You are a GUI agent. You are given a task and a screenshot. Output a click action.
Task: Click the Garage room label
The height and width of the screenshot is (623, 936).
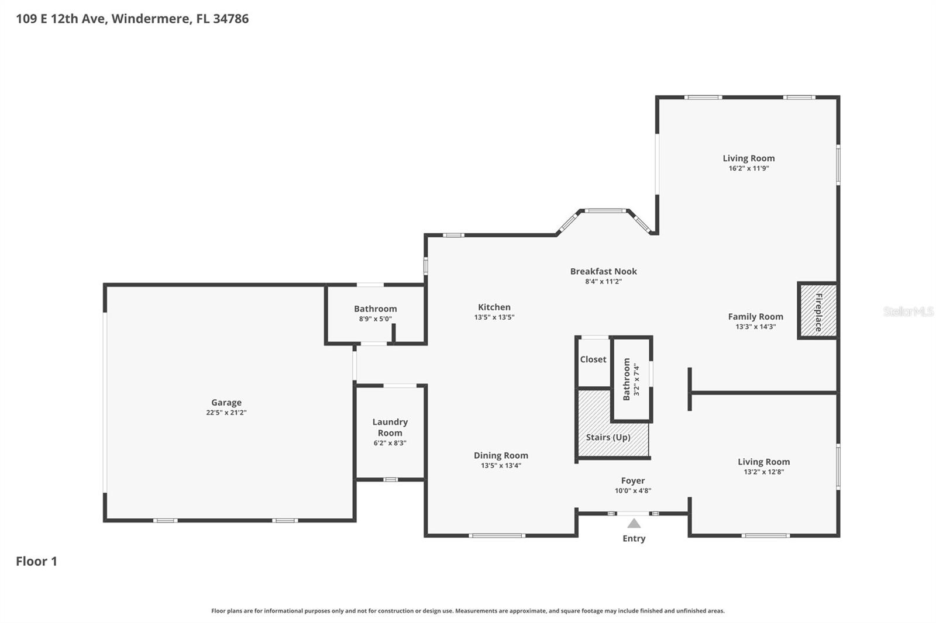[226, 402]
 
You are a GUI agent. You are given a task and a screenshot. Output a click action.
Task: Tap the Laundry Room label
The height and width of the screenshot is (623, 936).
[390, 427]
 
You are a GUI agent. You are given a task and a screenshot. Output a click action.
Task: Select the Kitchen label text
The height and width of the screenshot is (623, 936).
[494, 307]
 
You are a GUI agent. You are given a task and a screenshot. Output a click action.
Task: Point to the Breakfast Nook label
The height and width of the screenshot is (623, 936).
[603, 271]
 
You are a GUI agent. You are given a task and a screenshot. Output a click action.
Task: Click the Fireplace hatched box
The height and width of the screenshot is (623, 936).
[818, 311]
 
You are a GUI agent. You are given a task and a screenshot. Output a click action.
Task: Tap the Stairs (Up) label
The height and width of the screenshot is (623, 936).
[608, 437]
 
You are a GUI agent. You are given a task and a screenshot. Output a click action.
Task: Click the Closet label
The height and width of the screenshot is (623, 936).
[593, 359]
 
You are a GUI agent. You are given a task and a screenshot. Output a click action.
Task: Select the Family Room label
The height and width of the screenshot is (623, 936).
[755, 316]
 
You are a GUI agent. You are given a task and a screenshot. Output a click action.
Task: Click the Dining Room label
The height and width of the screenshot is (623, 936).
[500, 455]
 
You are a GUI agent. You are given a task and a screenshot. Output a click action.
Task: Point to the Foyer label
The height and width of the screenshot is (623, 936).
[632, 480]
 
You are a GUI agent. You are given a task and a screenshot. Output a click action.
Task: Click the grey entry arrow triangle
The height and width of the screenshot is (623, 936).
[634, 523]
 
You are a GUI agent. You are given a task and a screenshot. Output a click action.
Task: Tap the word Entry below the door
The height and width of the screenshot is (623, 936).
[634, 538]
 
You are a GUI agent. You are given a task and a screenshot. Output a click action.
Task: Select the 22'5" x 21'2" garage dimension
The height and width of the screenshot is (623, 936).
[226, 413]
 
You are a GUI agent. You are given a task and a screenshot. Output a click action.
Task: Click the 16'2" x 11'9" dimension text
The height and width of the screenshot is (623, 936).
[748, 168]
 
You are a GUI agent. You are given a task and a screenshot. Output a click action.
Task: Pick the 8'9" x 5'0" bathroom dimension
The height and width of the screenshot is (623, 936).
[375, 319]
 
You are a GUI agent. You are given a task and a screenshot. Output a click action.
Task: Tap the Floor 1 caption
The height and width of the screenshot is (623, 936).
[36, 561]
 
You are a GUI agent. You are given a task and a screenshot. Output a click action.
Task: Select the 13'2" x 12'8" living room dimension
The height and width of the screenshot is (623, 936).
[763, 472]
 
